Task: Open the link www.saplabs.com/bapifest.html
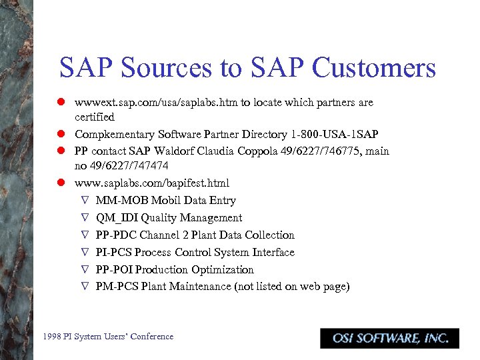point(152,183)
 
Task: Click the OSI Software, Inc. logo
point(390,338)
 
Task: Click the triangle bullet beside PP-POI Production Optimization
point(85,269)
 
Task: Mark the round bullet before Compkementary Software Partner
point(60,134)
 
